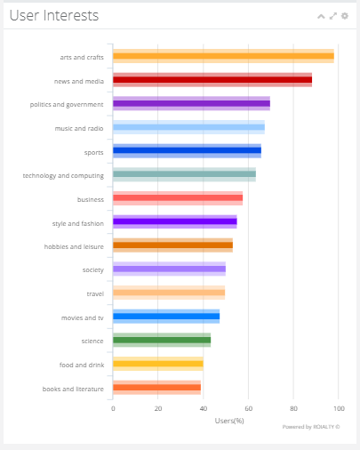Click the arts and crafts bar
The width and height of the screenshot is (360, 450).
(223, 56)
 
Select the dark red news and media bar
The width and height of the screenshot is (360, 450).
(212, 80)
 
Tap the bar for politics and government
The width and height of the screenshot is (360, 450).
(191, 103)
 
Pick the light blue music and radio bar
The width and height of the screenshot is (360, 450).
(188, 127)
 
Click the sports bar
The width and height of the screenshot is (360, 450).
(187, 150)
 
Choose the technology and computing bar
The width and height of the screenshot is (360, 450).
(184, 174)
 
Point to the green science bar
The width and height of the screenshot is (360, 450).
(162, 340)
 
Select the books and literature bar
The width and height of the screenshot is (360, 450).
(156, 388)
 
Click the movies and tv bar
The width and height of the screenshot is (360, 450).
(166, 317)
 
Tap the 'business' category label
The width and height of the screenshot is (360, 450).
(91, 199)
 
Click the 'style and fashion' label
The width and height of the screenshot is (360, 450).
(78, 223)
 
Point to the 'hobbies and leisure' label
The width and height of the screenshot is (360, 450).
(74, 246)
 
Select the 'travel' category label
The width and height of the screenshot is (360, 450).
(95, 293)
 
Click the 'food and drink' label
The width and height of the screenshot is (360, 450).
(82, 365)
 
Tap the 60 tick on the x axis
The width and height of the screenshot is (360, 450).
(248, 408)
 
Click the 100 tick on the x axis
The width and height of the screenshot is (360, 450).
(339, 408)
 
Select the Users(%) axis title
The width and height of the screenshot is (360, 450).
(229, 421)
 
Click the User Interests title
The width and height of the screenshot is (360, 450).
(54, 15)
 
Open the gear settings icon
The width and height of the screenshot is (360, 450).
(345, 16)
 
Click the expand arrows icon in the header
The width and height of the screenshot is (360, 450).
(333, 16)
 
